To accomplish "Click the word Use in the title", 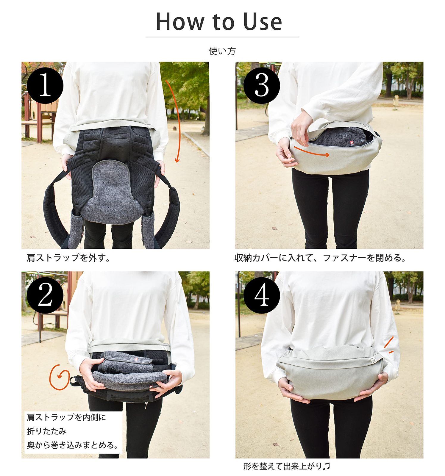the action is pyautogui.click(x=263, y=22).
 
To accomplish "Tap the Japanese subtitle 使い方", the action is pyautogui.click(x=222, y=51).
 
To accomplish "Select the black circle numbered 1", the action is pyautogui.click(x=45, y=86).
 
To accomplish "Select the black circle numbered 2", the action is pyautogui.click(x=45, y=295).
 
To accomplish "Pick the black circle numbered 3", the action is pyautogui.click(x=262, y=86).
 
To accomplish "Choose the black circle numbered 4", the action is pyautogui.click(x=262, y=295).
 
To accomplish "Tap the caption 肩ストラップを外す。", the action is pyautogui.click(x=68, y=258).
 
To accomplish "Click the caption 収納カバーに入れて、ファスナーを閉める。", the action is pyautogui.click(x=320, y=258).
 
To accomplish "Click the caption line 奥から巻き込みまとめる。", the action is pyautogui.click(x=73, y=445).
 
